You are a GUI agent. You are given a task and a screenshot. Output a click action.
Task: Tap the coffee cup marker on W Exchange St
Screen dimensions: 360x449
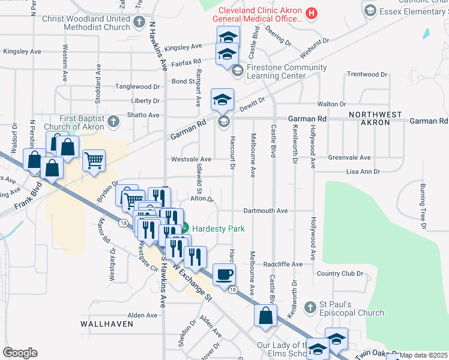coord(224,274)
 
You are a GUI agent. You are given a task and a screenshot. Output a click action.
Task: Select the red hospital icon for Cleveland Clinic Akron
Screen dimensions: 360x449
coord(311,12)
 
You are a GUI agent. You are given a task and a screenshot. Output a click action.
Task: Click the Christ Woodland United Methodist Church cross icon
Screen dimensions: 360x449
coord(139,22)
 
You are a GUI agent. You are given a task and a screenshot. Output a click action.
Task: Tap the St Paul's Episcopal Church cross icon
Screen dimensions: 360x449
coord(310,308)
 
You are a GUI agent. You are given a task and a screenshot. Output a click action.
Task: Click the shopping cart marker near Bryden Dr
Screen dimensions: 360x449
coord(94,161)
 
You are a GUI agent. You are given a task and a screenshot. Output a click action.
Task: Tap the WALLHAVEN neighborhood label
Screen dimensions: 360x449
coord(107,324)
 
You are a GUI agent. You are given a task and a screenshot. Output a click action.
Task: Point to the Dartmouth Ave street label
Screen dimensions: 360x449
coord(266,211)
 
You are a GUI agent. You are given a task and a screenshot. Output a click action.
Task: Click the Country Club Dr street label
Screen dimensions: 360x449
coord(340,274)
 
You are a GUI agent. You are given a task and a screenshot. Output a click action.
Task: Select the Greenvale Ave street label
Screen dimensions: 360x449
coord(349,158)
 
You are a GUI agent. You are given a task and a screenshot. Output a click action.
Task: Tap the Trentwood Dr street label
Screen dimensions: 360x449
coord(367,74)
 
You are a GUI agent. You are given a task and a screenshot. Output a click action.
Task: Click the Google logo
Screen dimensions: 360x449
coord(20,353)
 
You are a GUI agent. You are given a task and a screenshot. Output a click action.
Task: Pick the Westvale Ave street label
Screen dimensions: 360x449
coord(191,160)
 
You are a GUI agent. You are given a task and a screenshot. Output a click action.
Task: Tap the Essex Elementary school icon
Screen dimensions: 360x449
coord(370,10)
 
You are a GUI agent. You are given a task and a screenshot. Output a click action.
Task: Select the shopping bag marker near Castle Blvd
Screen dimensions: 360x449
coord(265,315)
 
